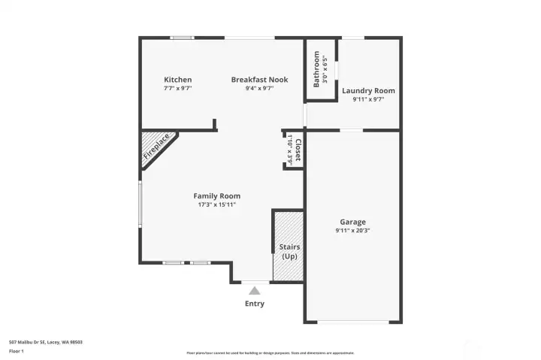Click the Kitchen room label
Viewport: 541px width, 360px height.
pyautogui.click(x=178, y=80)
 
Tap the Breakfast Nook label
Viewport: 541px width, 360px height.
pyautogui.click(x=259, y=80)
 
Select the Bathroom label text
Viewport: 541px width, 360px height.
pyautogui.click(x=317, y=69)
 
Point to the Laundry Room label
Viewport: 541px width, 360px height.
pyautogui.click(x=368, y=91)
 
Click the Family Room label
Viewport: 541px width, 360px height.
pyautogui.click(x=216, y=196)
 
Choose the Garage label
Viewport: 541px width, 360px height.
pyautogui.click(x=352, y=222)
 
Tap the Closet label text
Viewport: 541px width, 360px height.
pyautogui.click(x=298, y=150)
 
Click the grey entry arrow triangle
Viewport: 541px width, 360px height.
pyautogui.click(x=255, y=290)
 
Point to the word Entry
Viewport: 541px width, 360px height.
pyautogui.click(x=255, y=304)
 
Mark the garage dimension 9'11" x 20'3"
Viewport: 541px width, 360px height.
pyautogui.click(x=352, y=231)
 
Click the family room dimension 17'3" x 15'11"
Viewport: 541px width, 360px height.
pyautogui.click(x=216, y=204)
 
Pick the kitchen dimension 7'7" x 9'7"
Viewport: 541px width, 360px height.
pyautogui.click(x=178, y=88)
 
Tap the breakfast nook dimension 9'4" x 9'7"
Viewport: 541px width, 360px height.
pyautogui.click(x=259, y=88)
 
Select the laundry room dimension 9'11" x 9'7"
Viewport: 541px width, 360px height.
pyautogui.click(x=368, y=99)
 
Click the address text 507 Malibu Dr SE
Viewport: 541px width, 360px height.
pyautogui.click(x=45, y=342)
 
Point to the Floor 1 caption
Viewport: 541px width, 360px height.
pyautogui.click(x=17, y=351)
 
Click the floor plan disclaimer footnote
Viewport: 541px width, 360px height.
pyautogui.click(x=270, y=352)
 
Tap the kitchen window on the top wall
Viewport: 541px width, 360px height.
pyautogui.click(x=181, y=38)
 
